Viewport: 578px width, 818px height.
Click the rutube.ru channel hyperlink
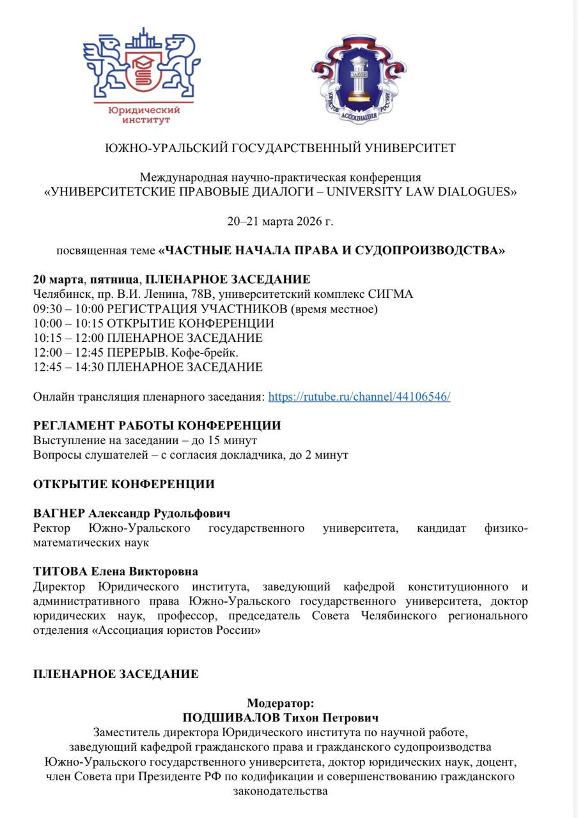(359, 396)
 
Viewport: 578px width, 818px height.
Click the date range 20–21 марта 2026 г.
(280, 222)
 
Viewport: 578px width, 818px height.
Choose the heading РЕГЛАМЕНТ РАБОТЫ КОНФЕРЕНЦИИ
(157, 426)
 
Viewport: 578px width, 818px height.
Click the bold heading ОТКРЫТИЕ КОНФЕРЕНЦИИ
(123, 484)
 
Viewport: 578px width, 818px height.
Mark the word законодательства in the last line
(280, 791)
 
